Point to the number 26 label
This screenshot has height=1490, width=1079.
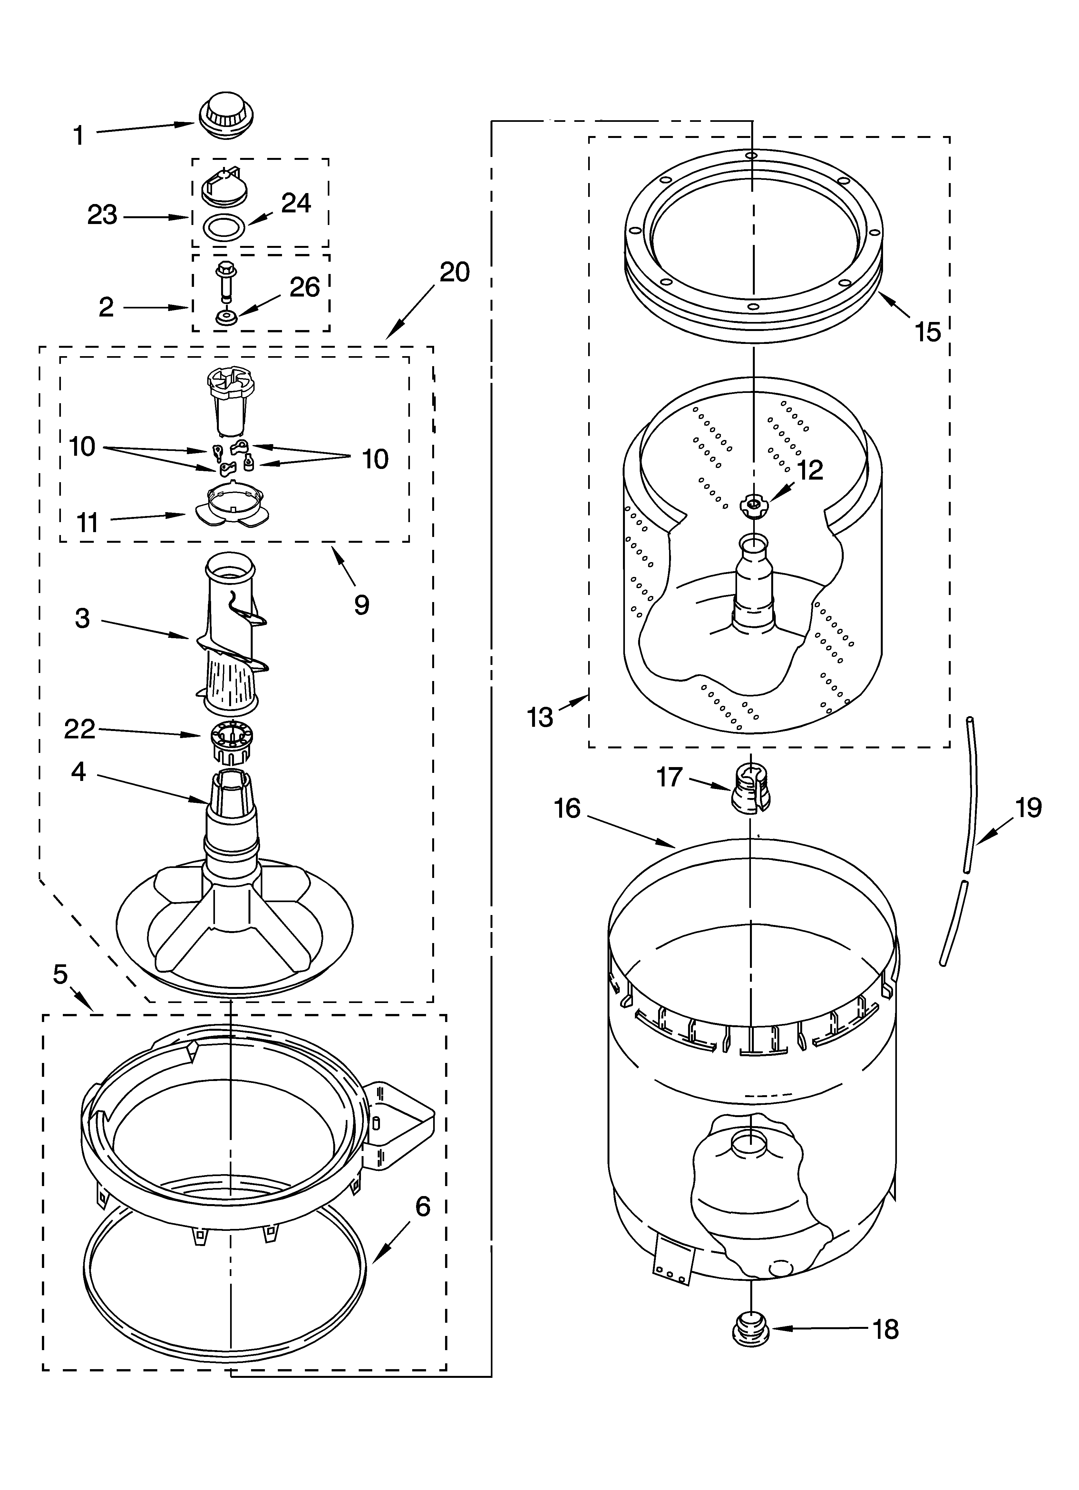tap(304, 287)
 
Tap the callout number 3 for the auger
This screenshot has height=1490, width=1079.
tap(82, 618)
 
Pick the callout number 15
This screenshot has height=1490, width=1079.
tap(928, 332)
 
